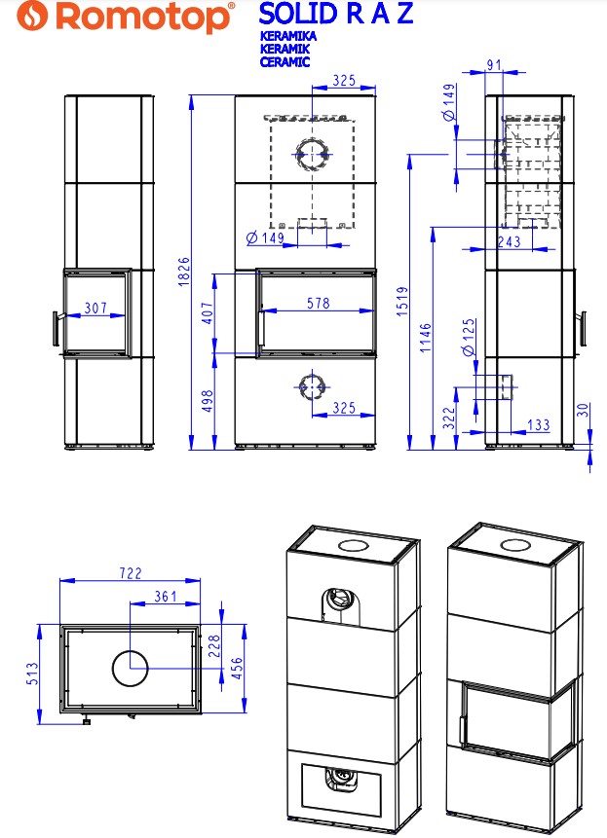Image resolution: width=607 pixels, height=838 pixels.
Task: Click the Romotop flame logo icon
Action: click(x=32, y=16)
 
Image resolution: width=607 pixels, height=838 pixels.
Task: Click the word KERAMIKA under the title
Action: click(x=288, y=36)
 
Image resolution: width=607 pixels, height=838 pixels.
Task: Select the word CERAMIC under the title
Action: click(x=285, y=61)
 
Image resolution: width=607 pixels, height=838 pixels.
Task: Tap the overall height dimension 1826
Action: click(x=183, y=272)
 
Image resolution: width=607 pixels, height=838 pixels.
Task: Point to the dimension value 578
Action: click(x=319, y=303)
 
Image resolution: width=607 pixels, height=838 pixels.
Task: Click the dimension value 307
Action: click(x=95, y=308)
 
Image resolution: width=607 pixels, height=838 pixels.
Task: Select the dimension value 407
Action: click(x=208, y=313)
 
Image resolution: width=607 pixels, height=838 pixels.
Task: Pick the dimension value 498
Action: click(x=208, y=401)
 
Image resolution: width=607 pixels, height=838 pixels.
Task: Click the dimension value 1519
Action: click(x=402, y=302)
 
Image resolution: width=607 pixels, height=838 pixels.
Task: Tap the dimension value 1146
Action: click(x=425, y=338)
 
